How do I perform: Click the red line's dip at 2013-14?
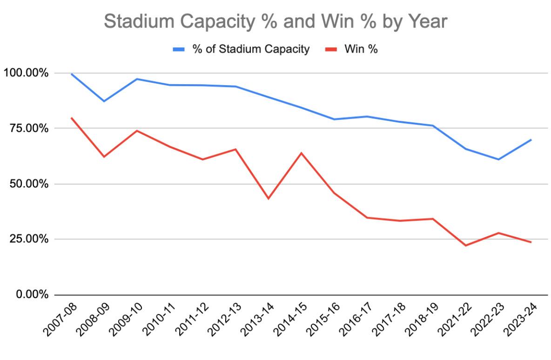(x=269, y=199)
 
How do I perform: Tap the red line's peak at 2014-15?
(x=301, y=153)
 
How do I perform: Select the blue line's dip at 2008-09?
(x=104, y=101)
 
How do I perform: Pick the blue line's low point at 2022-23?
(x=498, y=160)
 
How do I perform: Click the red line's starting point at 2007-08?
(x=71, y=118)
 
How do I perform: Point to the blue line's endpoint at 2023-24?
(x=531, y=140)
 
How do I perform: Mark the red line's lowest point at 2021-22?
(x=465, y=246)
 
